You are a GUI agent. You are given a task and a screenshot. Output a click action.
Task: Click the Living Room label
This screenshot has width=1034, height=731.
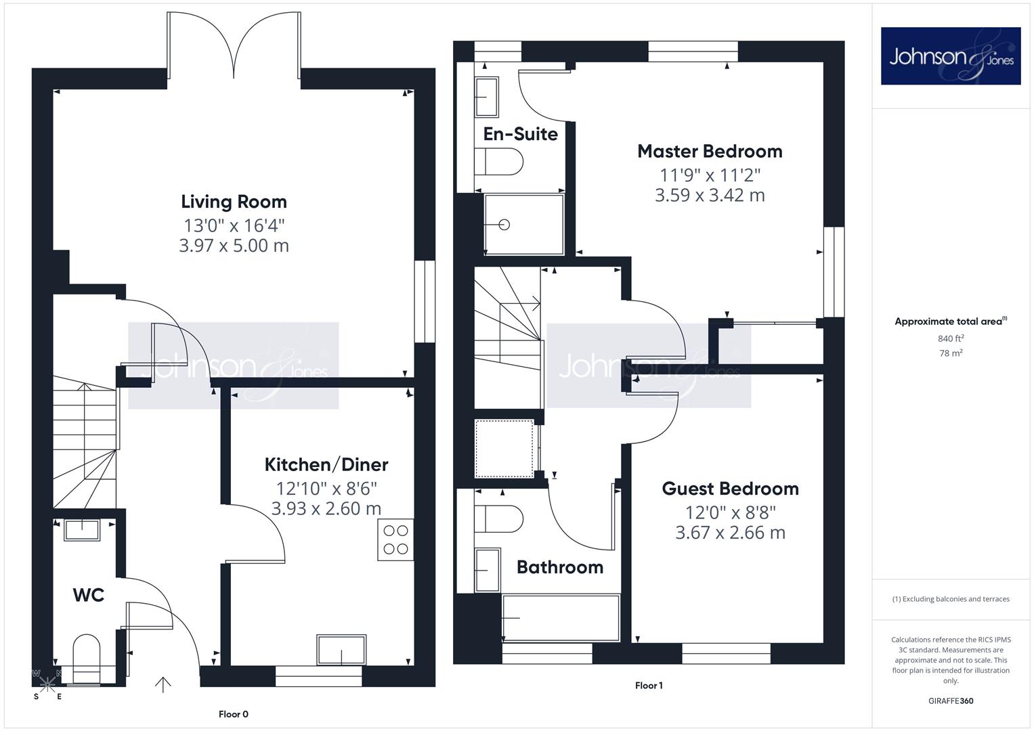(x=234, y=202)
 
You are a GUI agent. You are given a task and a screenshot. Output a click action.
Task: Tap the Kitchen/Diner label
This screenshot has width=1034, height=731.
(x=326, y=465)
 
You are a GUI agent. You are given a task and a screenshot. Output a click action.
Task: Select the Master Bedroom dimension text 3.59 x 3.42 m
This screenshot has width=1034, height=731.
(x=710, y=195)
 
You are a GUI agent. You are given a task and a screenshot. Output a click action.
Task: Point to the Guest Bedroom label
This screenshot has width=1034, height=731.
(x=730, y=489)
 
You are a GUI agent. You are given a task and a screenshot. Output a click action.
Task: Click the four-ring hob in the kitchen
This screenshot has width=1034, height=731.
(x=395, y=540)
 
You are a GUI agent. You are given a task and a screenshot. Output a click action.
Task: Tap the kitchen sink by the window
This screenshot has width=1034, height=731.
(x=341, y=650)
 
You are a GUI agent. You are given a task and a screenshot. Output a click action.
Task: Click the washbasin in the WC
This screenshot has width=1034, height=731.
(x=82, y=530)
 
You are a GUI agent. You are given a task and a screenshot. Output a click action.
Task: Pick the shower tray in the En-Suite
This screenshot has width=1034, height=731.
(x=523, y=225)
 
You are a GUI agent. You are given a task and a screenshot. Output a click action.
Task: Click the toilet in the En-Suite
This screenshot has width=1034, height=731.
(x=498, y=162)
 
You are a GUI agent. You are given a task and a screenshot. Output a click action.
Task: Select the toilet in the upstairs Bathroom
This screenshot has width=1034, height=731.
(x=498, y=519)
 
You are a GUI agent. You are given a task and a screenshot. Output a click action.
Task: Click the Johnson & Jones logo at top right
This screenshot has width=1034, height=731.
(x=951, y=56)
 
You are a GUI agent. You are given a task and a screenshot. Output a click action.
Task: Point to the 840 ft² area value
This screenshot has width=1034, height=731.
(x=951, y=338)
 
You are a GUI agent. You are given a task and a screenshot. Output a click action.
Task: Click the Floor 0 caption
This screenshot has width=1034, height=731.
(x=233, y=714)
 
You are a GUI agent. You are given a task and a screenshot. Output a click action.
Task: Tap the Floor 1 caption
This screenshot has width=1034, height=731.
(x=649, y=686)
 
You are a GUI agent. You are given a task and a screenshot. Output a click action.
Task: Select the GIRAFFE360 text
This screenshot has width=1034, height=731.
(x=951, y=701)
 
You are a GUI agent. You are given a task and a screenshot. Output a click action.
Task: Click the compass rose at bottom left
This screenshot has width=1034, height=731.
(x=47, y=684)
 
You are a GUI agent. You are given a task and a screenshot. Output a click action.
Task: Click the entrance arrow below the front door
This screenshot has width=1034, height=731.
(x=163, y=685)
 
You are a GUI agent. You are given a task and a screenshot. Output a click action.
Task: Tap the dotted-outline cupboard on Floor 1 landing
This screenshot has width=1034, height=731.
(x=504, y=449)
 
